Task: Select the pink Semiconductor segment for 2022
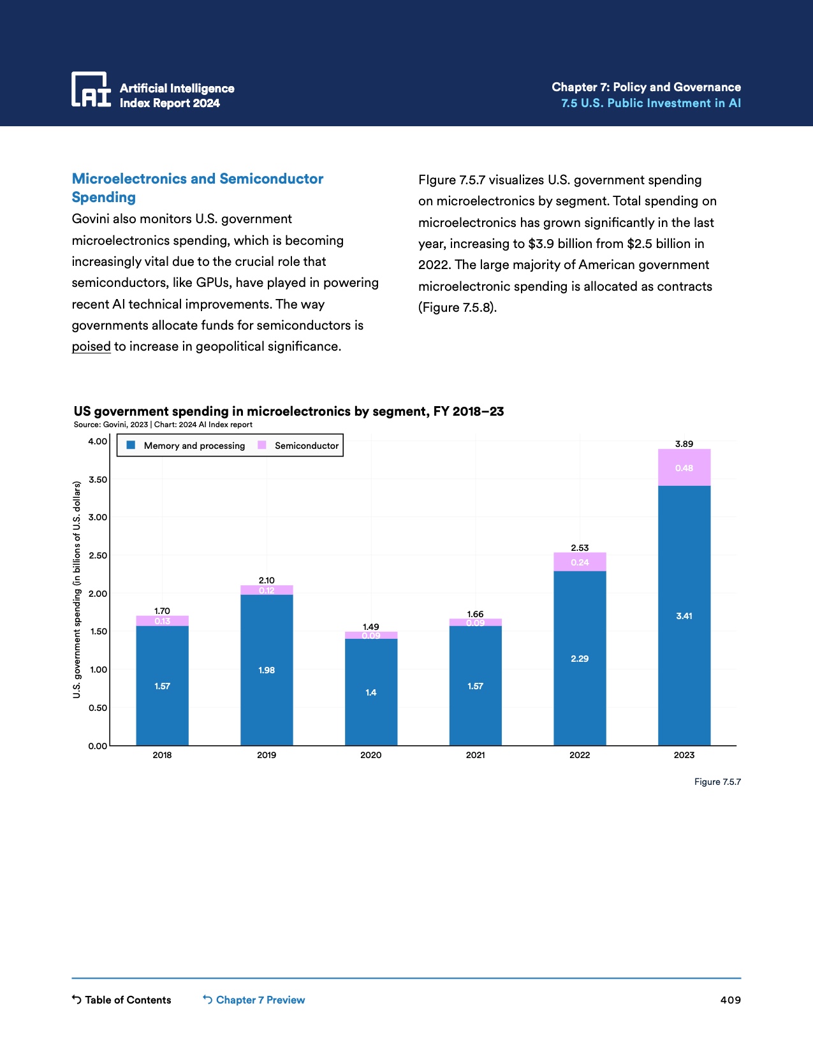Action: (580, 562)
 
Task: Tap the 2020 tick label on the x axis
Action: (370, 755)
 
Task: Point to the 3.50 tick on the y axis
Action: (98, 479)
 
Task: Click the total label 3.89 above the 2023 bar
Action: (684, 444)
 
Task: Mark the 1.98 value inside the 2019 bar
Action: (267, 670)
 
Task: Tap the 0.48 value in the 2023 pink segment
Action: (684, 468)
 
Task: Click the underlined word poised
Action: (91, 346)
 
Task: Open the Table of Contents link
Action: (122, 1000)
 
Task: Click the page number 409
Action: (730, 1000)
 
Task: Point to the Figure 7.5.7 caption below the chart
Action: (717, 782)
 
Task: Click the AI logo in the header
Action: (91, 90)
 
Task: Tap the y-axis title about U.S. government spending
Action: (77, 590)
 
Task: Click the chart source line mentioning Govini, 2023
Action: (163, 425)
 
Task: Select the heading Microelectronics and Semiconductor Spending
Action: (198, 187)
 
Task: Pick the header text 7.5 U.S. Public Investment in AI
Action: (650, 103)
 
